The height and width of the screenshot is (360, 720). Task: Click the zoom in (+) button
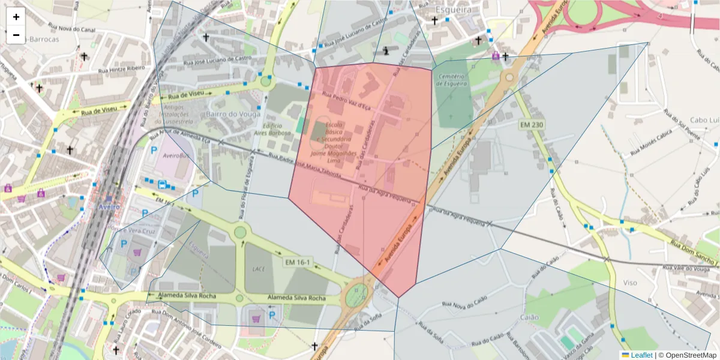[x=16, y=17]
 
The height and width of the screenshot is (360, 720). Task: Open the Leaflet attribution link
[x=641, y=355]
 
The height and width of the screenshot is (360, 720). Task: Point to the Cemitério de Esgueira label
[x=452, y=80]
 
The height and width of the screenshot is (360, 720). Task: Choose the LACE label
[x=259, y=269]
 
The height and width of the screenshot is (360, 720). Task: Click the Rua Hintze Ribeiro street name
[x=121, y=70]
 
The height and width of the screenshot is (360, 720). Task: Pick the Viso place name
[x=630, y=282]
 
